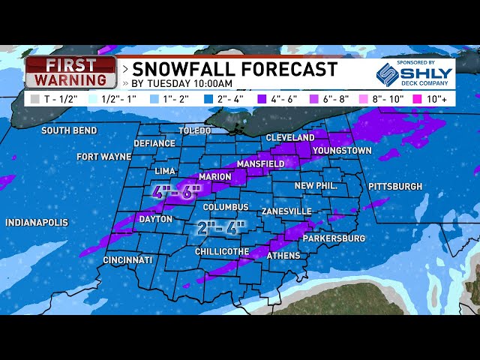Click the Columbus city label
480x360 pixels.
click(x=225, y=207)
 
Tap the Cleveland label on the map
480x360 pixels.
click(x=290, y=138)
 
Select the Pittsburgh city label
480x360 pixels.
click(x=395, y=186)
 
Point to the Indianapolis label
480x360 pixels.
click(x=37, y=223)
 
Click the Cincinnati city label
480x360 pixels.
click(x=128, y=259)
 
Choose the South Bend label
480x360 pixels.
click(x=69, y=130)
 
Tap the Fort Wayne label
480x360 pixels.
click(x=103, y=157)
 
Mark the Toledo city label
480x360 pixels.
click(x=195, y=130)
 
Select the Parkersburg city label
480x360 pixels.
click(x=334, y=238)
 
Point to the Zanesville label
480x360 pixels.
click(x=286, y=211)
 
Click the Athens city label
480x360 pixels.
click(x=283, y=256)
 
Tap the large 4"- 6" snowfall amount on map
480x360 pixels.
click(x=178, y=191)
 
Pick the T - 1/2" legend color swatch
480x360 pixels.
click(x=35, y=98)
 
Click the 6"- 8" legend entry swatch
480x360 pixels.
click(x=316, y=98)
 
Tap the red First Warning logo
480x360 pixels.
click(x=71, y=72)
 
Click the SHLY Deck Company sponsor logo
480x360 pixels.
click(x=414, y=73)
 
